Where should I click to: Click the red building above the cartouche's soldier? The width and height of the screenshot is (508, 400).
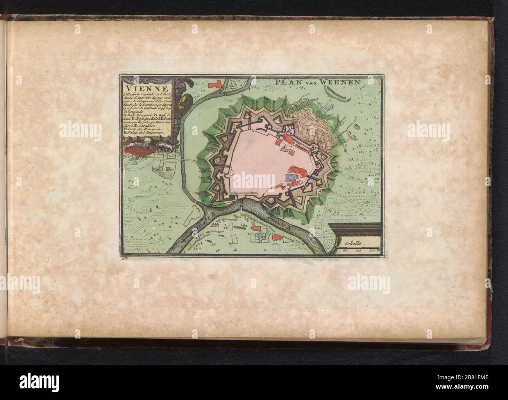coord(215,83)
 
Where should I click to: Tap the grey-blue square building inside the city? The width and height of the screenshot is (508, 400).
coord(290,178)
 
